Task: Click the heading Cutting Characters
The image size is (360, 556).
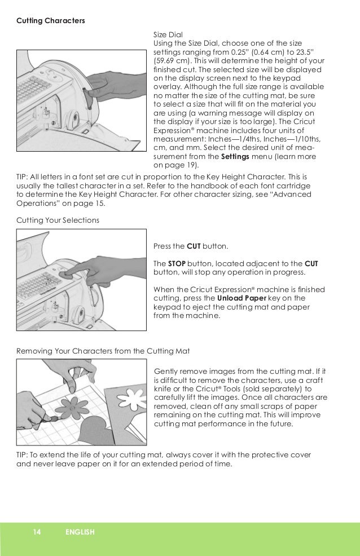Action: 51,21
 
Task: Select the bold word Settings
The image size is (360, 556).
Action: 236,157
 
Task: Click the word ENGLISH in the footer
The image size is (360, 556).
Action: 79,532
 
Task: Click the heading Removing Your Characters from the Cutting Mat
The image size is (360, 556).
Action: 103,351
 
